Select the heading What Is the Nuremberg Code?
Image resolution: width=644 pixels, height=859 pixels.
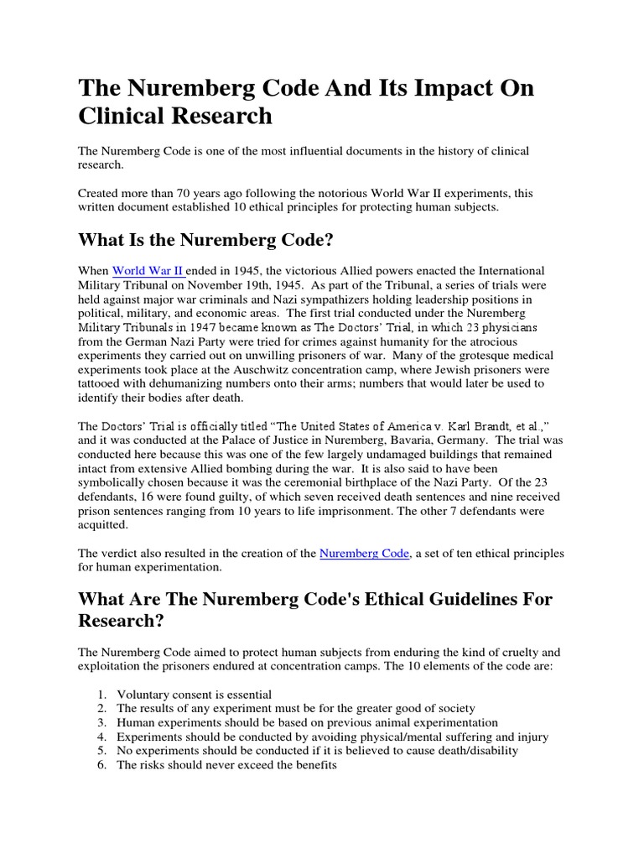click(x=206, y=240)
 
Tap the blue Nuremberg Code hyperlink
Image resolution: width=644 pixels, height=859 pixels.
click(x=365, y=553)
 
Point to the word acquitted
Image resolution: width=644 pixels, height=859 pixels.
click(x=104, y=524)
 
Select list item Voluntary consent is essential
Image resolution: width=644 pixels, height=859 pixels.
click(x=194, y=694)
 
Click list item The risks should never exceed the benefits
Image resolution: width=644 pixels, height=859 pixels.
click(x=226, y=764)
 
